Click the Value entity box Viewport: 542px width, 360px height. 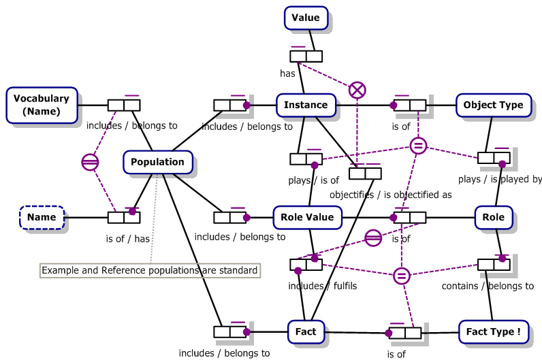[306, 18]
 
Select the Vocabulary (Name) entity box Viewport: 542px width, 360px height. [42, 105]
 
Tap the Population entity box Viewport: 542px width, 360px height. [157, 162]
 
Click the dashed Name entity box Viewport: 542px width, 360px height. [42, 218]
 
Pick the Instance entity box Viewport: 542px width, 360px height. [306, 105]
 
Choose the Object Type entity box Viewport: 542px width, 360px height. [493, 105]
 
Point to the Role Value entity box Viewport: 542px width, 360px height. [307, 217]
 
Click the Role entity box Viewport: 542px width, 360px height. [494, 217]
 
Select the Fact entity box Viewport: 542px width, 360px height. [306, 331]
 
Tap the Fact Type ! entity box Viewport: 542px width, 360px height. [494, 331]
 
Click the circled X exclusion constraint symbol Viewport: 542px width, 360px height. [357, 90]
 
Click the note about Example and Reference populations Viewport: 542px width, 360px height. [150, 270]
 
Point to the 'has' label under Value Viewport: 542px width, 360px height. [287, 73]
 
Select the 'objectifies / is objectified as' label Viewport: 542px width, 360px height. [390, 195]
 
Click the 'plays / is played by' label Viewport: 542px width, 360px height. [500, 180]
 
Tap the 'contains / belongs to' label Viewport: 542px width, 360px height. [488, 286]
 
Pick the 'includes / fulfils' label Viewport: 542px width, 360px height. [322, 286]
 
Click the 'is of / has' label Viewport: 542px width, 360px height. [127, 239]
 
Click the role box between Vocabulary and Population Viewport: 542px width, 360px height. [124, 105]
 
